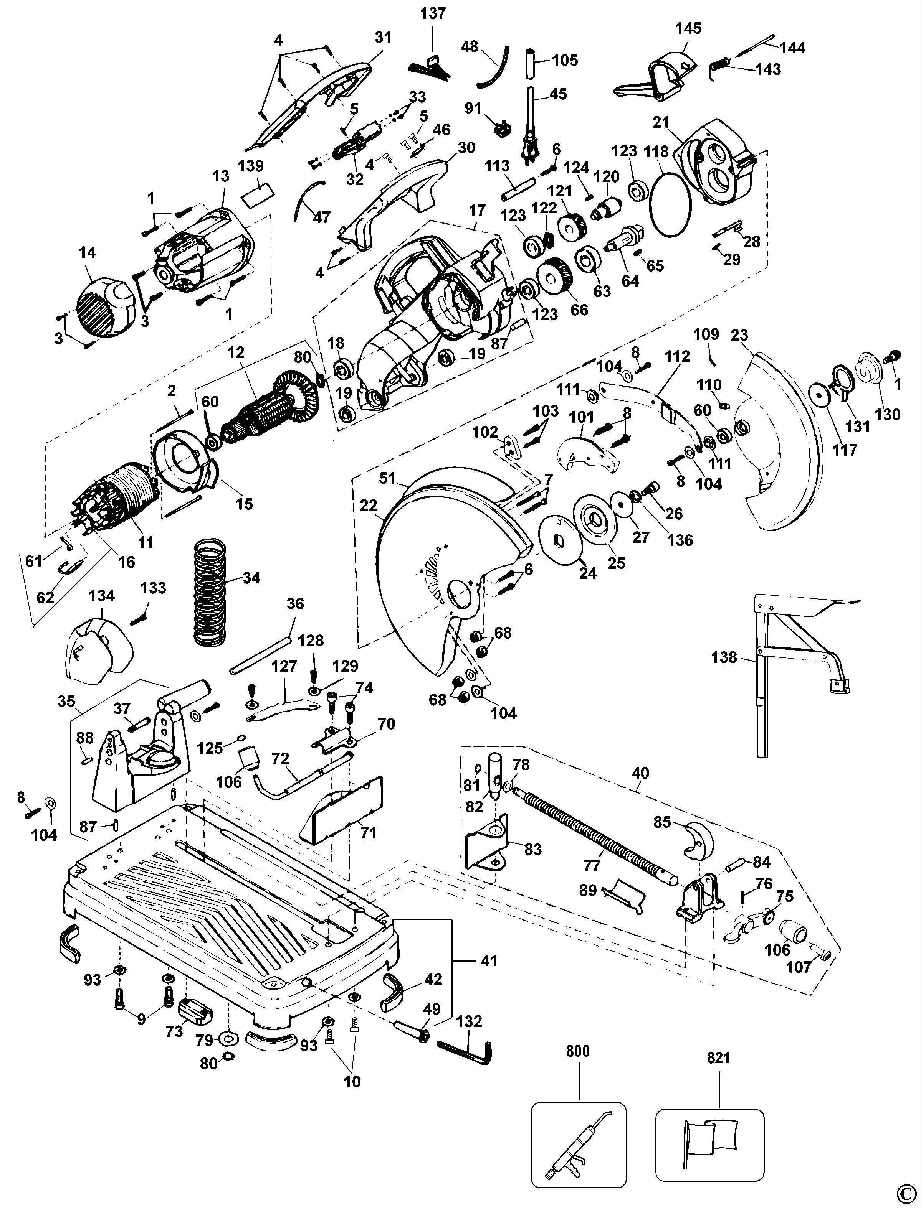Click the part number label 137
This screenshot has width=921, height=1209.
click(433, 13)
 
